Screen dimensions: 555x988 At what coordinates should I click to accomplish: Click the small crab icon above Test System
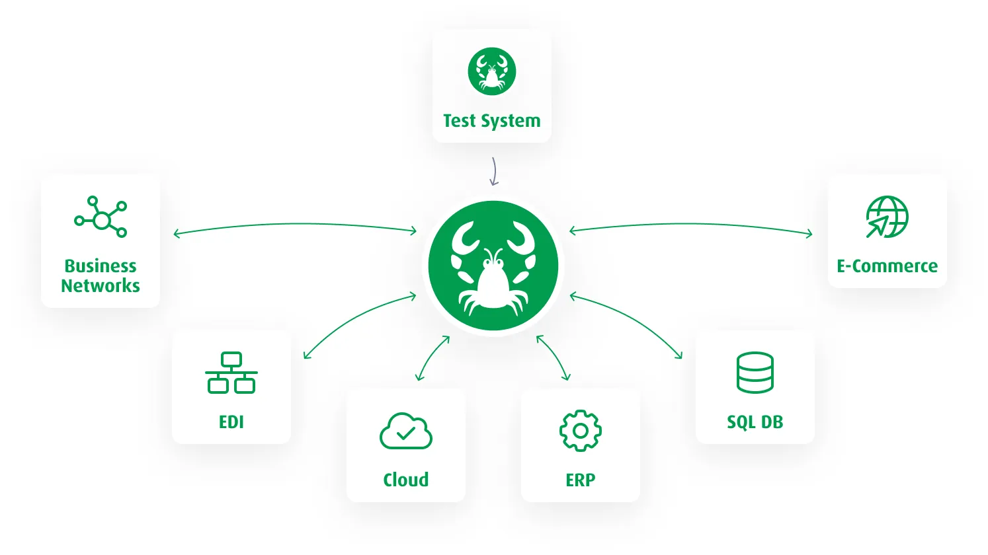[491, 71]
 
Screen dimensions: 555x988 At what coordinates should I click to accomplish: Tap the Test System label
[491, 121]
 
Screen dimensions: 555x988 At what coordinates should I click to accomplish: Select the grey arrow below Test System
[493, 171]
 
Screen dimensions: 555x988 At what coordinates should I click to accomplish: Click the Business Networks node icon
[101, 217]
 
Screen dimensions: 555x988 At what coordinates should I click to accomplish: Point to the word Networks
[101, 285]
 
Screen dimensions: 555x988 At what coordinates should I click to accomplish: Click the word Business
[101, 266]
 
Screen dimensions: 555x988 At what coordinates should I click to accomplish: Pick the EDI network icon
[231, 373]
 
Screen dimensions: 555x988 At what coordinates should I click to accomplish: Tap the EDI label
[231, 422]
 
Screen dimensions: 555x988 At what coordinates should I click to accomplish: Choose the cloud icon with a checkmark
[406, 431]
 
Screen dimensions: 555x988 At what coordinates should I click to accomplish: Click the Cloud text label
[406, 480]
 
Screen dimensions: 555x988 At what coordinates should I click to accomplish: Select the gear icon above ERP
[580, 431]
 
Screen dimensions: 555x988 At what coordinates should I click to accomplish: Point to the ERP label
[580, 480]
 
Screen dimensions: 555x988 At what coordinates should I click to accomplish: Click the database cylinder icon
[755, 373]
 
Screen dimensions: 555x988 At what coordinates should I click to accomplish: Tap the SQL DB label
[755, 422]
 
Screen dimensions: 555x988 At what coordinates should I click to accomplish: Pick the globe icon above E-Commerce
[887, 217]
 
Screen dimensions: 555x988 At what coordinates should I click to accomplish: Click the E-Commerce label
[887, 266]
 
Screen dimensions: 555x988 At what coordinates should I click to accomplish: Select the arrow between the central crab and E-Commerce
[691, 225]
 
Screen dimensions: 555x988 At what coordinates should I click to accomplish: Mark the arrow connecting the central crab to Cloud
[431, 357]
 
